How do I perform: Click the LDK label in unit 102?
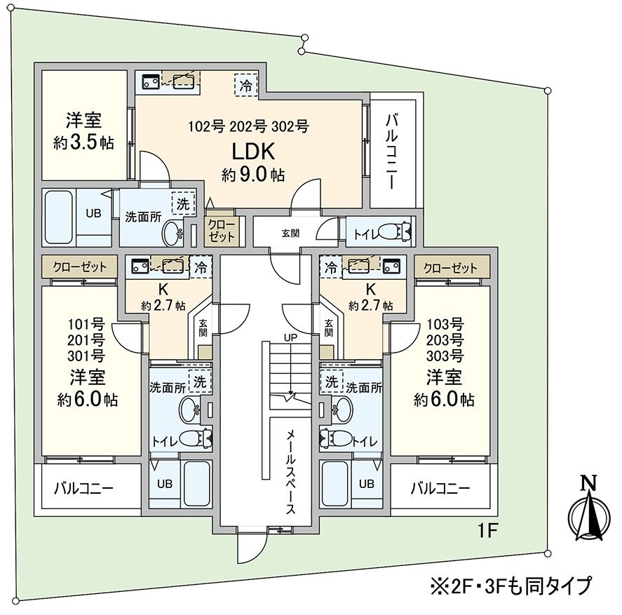click(x=252, y=152)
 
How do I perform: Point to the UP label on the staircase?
click(x=290, y=337)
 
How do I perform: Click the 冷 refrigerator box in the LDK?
click(x=245, y=86)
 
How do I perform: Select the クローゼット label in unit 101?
click(x=79, y=267)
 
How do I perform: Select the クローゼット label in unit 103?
click(x=451, y=267)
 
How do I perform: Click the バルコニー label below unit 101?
click(x=84, y=487)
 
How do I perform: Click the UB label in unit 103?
click(x=366, y=483)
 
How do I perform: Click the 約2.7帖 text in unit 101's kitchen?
click(x=163, y=306)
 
